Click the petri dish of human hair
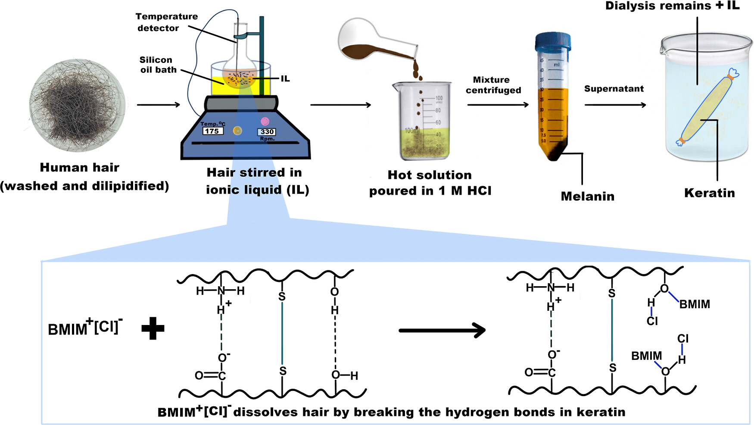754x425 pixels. (78, 106)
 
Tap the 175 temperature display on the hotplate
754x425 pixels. (212, 131)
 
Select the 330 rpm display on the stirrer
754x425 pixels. (267, 132)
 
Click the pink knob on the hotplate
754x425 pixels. (265, 121)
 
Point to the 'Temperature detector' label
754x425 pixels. (166, 22)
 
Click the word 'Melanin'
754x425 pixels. (587, 197)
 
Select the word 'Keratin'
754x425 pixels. (709, 193)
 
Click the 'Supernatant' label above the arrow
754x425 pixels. (614, 89)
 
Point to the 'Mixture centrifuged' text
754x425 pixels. (493, 85)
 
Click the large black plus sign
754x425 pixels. (153, 328)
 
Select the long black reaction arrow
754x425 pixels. (442, 331)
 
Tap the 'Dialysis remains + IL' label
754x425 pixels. (672, 6)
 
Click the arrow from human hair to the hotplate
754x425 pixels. (158, 105)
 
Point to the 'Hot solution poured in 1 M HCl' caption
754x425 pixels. (430, 183)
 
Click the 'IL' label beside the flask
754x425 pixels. (285, 79)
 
